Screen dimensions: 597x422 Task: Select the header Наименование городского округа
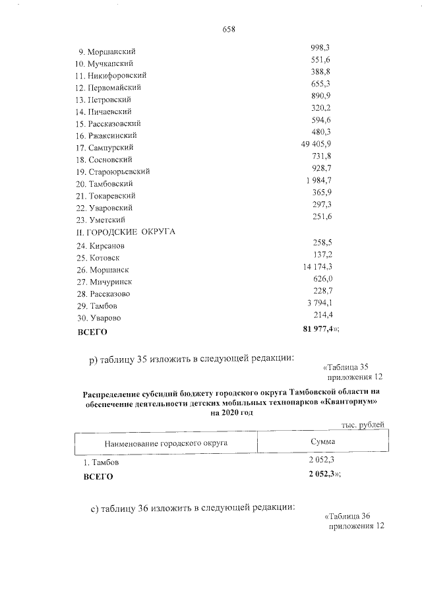(x=166, y=443)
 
